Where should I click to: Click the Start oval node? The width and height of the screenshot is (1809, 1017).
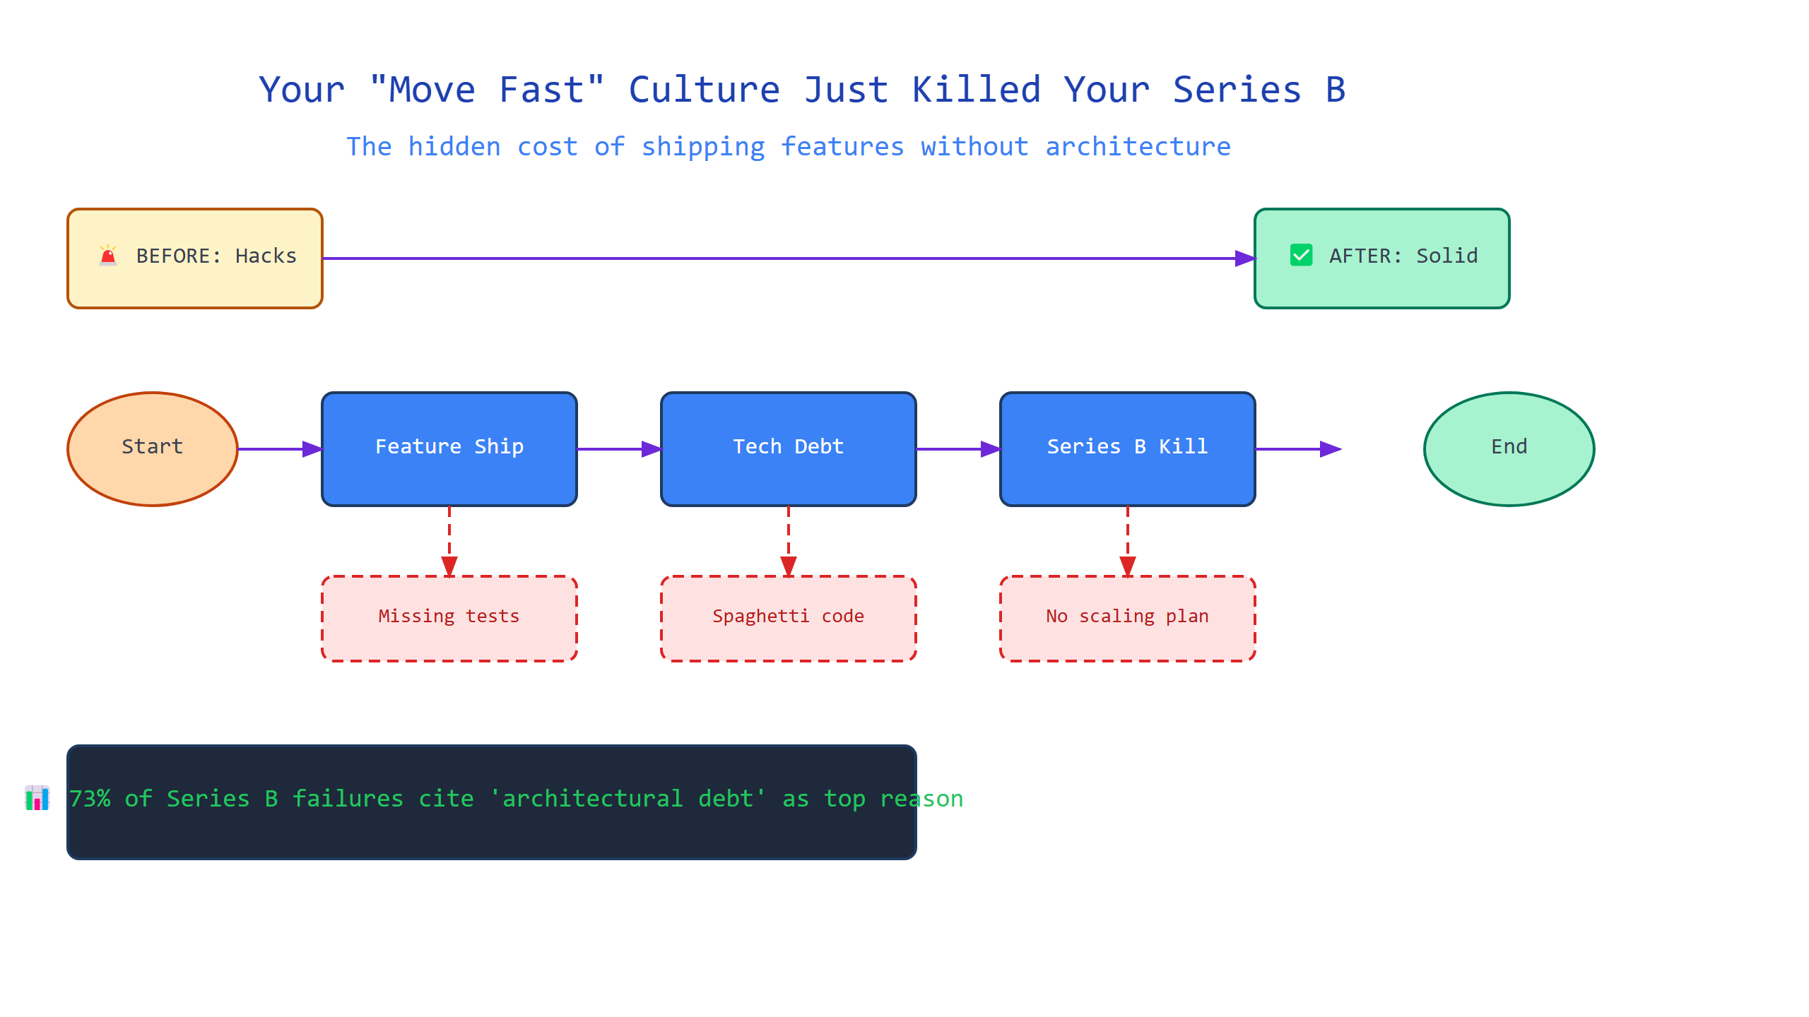[x=153, y=449]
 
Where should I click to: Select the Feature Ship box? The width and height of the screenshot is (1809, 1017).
[x=449, y=449]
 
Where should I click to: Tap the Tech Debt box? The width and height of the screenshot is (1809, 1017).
[x=789, y=449]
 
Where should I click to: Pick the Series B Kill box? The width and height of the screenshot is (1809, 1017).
[x=1128, y=449]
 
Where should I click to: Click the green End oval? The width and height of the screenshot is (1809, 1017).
[x=1509, y=449]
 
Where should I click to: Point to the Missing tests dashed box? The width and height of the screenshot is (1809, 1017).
[x=449, y=619]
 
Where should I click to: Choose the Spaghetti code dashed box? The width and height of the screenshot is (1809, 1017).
[x=789, y=619]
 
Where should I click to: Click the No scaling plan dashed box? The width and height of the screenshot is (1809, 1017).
[x=1128, y=619]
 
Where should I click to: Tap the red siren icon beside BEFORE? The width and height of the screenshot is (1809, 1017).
[x=108, y=255]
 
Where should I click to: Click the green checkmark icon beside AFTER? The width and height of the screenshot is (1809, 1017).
[x=1301, y=255]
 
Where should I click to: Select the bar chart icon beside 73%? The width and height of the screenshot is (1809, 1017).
[x=37, y=798]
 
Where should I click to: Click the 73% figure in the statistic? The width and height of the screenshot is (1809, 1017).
[x=90, y=799]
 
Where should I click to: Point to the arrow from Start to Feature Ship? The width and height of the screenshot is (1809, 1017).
[x=280, y=449]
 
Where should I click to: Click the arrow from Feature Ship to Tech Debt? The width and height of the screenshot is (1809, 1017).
[x=619, y=449]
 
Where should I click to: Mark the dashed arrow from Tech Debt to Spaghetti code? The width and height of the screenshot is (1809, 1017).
[x=789, y=541]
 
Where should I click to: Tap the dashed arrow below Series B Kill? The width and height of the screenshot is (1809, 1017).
[x=1128, y=541]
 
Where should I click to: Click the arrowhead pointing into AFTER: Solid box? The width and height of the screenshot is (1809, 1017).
[x=1245, y=258]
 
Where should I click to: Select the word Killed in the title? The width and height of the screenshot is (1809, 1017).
[x=977, y=90]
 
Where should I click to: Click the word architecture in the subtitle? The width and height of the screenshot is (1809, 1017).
[x=1138, y=147]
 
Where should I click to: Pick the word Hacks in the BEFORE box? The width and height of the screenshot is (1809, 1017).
[x=266, y=256]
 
